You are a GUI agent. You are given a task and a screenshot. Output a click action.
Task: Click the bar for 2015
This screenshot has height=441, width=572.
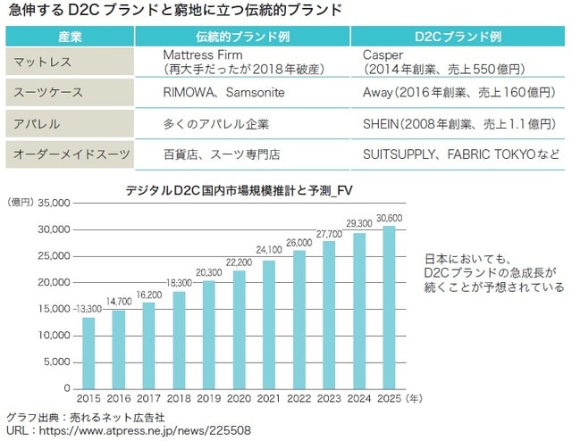pyautogui.click(x=88, y=353)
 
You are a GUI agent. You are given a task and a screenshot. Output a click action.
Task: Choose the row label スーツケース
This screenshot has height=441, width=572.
pyautogui.click(x=45, y=92)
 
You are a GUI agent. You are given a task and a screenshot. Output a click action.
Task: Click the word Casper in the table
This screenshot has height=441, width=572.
pyautogui.click(x=383, y=54)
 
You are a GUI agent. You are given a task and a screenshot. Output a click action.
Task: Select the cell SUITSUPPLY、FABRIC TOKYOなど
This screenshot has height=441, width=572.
pyautogui.click(x=461, y=154)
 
